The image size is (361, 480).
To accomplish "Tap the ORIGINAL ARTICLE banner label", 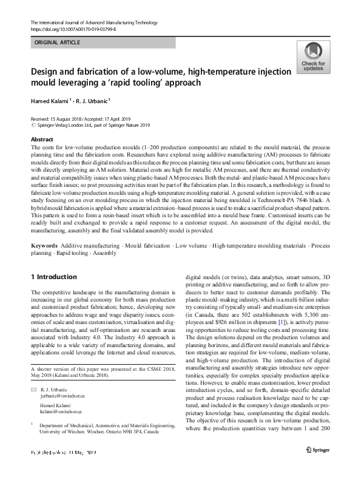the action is (x=58, y=42).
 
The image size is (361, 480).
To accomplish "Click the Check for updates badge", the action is (x=312, y=59).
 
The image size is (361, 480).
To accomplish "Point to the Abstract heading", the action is (x=41, y=138).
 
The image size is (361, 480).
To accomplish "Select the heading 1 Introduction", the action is (x=54, y=277).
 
